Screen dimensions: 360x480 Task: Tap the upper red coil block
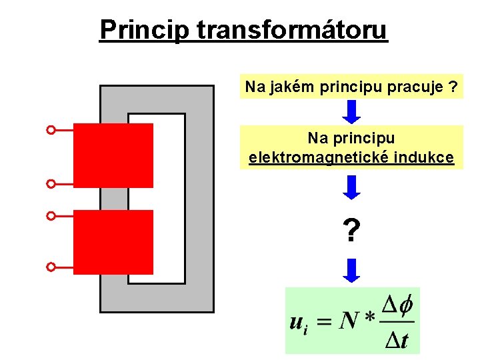click(x=113, y=155)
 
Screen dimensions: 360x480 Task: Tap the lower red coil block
click(x=113, y=241)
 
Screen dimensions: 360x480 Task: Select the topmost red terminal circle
click(x=51, y=130)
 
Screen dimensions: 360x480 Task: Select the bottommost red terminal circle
click(x=51, y=267)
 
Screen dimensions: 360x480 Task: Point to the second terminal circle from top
click(x=51, y=183)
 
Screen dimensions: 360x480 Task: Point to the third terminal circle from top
click(x=51, y=216)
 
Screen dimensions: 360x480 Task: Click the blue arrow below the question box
click(x=351, y=111)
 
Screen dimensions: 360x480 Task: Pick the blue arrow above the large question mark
click(x=351, y=187)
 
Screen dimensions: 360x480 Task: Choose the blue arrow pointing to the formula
click(x=351, y=271)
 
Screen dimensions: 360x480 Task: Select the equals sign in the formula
click(x=323, y=323)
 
